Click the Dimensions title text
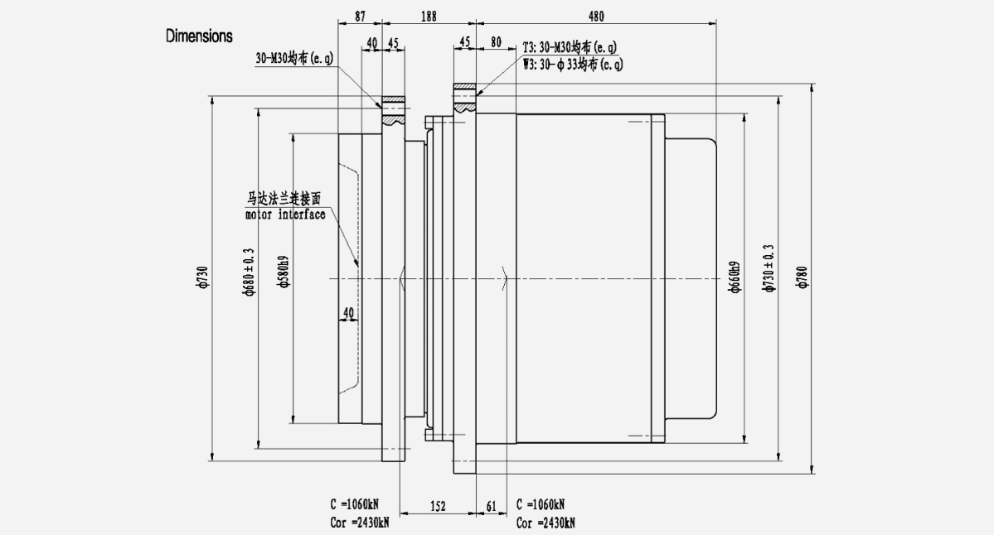pos(199,36)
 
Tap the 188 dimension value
pos(429,16)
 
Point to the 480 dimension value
pos(595,16)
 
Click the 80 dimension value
pos(496,42)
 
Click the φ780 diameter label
pos(802,277)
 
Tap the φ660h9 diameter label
pos(734,280)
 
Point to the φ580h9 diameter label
pos(284,269)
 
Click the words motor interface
pos(285,215)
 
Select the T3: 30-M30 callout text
pos(570,46)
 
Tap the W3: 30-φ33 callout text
pos(573,63)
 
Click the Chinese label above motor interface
pos(284,200)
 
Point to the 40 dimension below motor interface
pos(348,312)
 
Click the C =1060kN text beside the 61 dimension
pos(541,504)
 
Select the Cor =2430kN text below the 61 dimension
pos(545,523)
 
